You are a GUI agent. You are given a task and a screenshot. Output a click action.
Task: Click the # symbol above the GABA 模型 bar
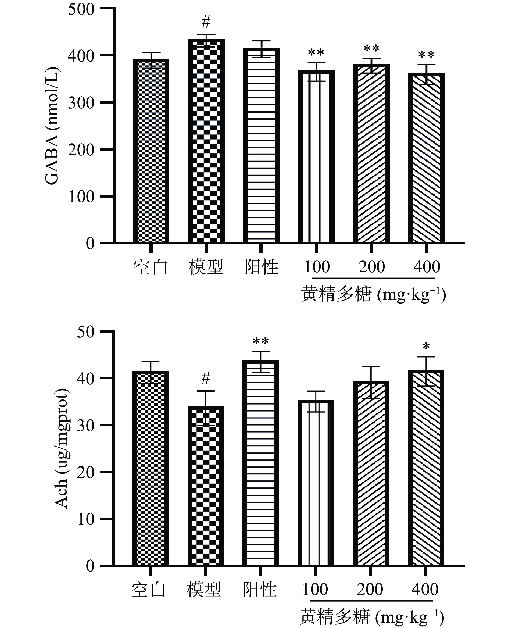click(206, 22)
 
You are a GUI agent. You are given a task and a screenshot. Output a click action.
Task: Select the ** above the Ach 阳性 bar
click(261, 341)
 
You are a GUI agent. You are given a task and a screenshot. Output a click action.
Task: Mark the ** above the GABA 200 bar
click(371, 48)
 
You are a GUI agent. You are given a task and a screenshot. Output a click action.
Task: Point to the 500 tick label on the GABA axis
click(81, 9)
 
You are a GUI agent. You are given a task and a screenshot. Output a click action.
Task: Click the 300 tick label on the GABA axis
click(81, 103)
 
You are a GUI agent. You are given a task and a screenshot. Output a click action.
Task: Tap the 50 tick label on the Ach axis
click(86, 332)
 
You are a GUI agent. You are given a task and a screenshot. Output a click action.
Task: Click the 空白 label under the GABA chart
click(151, 267)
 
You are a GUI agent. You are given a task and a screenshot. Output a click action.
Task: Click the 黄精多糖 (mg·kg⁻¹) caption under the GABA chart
click(373, 294)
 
